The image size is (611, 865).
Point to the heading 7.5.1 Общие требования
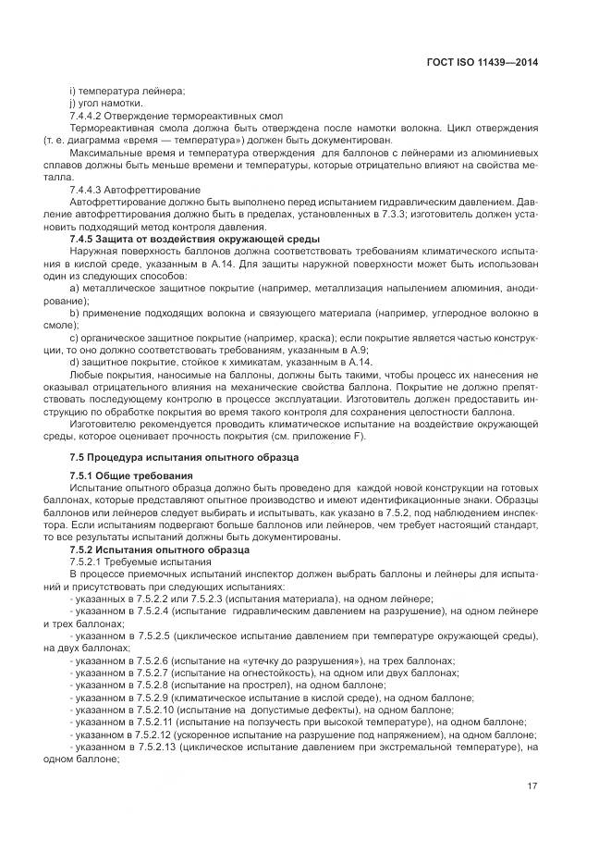click(x=125, y=475)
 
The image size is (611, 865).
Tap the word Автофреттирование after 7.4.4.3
click(x=161, y=189)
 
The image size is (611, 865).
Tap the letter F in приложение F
click(x=360, y=438)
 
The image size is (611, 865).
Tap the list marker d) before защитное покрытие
click(x=73, y=363)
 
